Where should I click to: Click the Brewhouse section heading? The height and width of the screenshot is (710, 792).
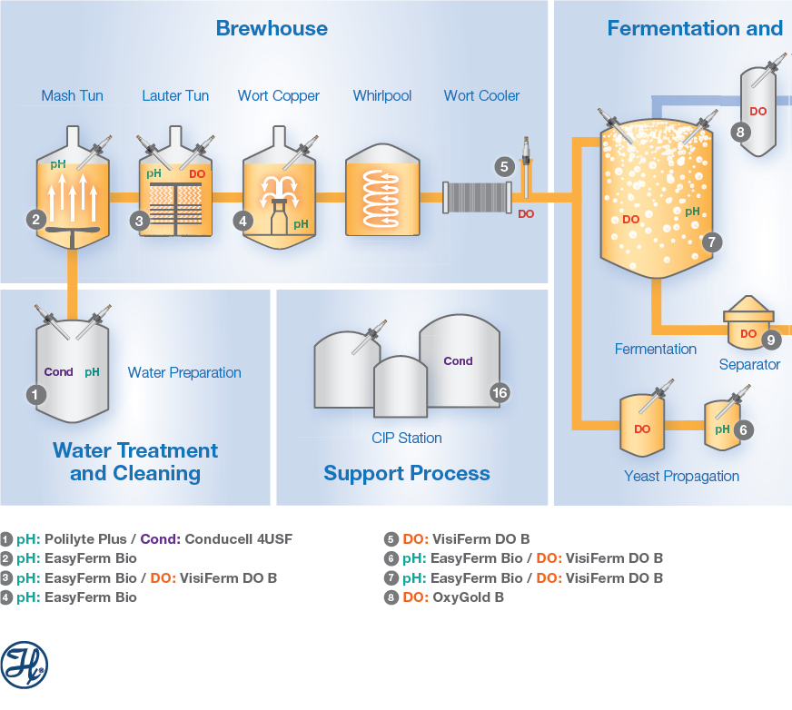272,28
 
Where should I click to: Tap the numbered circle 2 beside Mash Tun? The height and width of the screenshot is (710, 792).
36,219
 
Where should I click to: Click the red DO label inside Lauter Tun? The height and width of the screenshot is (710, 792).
197,173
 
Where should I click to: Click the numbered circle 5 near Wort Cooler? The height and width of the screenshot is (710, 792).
504,166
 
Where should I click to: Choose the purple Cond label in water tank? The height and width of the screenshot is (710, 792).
58,372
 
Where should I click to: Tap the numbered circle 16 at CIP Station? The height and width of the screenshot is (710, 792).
500,392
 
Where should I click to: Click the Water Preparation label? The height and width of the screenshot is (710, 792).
184,372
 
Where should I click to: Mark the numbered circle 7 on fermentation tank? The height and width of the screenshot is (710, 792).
712,242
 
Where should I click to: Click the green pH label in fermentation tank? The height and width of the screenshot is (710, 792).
692,212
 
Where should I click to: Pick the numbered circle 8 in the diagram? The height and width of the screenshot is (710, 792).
740,132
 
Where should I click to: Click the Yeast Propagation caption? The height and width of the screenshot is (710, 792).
681,476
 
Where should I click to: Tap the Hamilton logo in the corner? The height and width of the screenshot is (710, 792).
25,665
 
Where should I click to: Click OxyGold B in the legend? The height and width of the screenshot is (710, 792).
468,597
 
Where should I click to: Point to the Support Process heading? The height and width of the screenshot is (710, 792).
407,473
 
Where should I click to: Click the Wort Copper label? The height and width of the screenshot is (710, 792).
278,95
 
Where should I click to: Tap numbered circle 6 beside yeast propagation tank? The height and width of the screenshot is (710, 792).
744,430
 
